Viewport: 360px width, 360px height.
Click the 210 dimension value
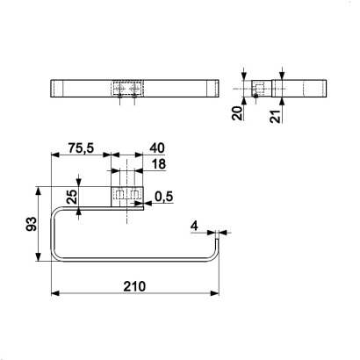point(134,286)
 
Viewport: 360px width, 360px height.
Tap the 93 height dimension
point(32,224)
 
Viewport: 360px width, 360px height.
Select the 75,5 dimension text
point(81,148)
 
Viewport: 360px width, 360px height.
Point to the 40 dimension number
point(157,148)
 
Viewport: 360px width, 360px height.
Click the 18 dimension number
point(159,164)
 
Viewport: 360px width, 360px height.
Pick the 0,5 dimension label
point(164,197)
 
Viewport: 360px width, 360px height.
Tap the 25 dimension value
point(71,197)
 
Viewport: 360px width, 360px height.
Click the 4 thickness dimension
point(194,226)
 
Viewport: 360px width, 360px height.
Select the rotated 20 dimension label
point(237,113)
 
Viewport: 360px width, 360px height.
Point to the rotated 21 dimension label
point(275,116)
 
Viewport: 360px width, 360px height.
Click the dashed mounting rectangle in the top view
point(127,88)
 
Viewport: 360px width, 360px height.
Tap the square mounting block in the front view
point(127,197)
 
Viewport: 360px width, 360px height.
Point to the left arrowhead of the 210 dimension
point(55,293)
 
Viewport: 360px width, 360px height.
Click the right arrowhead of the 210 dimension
point(214,293)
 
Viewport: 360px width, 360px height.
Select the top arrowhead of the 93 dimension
point(38,191)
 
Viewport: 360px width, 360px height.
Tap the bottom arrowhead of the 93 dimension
point(38,256)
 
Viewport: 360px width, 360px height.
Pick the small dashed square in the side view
point(258,88)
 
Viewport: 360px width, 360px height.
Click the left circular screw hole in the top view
point(119,88)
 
